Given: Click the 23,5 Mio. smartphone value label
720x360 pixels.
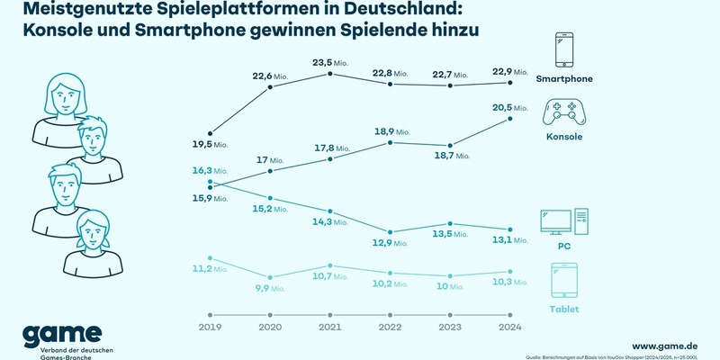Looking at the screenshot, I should point(332,63).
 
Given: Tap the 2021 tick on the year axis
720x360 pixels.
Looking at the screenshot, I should point(331,328).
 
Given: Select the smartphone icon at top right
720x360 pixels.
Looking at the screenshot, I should point(564,51).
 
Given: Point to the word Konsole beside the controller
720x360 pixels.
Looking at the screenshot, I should point(564,137).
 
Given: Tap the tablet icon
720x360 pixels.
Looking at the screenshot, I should point(564,282).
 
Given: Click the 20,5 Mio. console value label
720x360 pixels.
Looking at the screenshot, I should point(511,108).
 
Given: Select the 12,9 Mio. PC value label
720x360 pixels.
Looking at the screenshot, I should point(392,244).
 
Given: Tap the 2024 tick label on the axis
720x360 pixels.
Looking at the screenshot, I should point(510,328).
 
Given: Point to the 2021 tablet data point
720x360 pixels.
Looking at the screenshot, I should point(331,266).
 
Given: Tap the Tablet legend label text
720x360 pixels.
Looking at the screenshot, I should point(564,309).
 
